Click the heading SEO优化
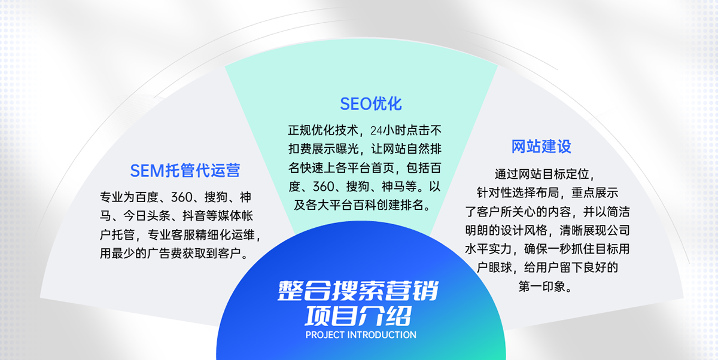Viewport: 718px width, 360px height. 370,104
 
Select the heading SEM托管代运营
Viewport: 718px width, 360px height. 185,170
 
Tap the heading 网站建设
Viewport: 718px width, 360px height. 541,147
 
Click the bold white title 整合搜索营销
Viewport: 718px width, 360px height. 358,291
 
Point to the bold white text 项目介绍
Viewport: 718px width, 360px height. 358,316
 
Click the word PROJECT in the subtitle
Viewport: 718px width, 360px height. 325,335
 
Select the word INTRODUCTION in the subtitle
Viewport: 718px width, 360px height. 382,335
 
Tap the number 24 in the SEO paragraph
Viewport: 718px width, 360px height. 376,130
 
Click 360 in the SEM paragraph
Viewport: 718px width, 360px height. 182,197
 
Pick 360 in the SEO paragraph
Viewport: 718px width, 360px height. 324,187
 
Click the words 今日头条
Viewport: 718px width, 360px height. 147,216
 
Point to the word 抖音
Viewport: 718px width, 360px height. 194,216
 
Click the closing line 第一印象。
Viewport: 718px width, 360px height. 546,286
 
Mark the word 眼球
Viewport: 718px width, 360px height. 500,267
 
